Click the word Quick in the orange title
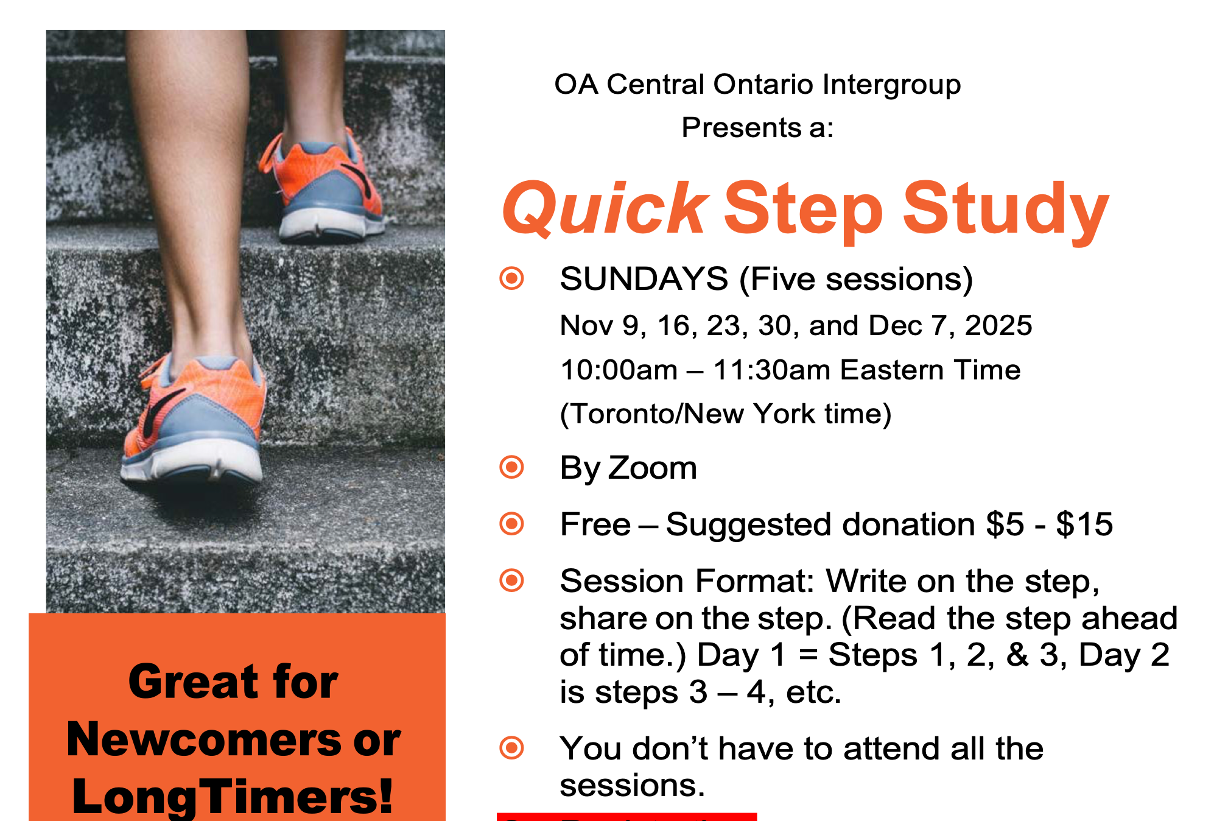point(605,209)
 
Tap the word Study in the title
point(1005,209)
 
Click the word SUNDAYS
point(644,279)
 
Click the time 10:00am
point(619,370)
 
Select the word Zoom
point(652,468)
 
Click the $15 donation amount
point(1084,524)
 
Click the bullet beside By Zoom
point(511,467)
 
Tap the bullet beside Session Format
point(511,580)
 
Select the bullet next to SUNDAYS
point(511,278)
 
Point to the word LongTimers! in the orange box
point(233,795)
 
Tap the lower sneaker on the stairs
point(195,420)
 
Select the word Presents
point(732,128)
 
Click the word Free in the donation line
point(595,524)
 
